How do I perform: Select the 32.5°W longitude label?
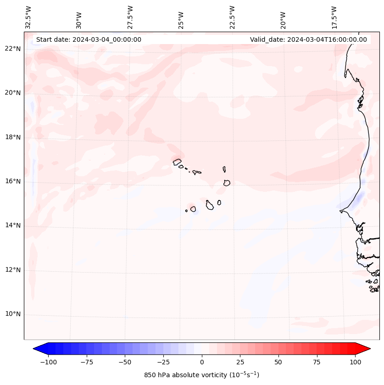tap(28, 17)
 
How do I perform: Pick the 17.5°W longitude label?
tap(334, 17)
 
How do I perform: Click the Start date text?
tap(89, 39)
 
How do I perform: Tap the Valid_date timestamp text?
tap(308, 39)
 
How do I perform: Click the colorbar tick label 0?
tap(202, 362)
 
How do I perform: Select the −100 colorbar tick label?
tap(48, 362)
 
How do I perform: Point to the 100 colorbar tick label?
tap(355, 362)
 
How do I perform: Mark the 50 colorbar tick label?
tap(278, 362)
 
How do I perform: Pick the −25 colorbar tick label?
tap(163, 362)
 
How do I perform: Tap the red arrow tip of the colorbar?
tap(367, 349)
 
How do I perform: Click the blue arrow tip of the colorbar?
tap(36, 349)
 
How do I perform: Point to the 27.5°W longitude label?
tap(130, 17)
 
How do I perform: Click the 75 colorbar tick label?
tap(317, 362)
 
